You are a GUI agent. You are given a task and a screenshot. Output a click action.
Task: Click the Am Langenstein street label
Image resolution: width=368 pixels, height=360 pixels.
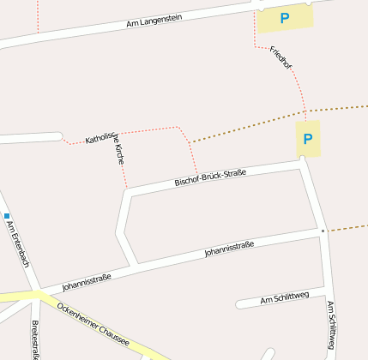pos(154,21)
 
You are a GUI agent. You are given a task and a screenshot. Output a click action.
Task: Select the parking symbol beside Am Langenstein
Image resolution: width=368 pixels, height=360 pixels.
pos(285,17)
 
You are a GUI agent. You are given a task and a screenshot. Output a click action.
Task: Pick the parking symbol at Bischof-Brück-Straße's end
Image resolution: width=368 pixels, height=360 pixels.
pos(308,138)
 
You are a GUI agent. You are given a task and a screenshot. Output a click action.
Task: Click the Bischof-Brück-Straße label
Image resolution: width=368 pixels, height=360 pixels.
pos(210,177)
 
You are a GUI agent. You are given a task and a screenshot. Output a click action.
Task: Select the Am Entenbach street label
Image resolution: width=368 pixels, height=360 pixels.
pos(19,244)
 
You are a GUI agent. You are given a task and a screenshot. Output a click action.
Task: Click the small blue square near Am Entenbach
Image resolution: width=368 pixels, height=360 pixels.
pos(6,215)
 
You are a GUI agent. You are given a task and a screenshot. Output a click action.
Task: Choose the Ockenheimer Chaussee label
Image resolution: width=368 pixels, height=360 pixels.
pos(93,324)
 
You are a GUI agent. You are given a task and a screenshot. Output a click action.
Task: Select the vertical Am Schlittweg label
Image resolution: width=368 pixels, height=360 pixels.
pos(331,326)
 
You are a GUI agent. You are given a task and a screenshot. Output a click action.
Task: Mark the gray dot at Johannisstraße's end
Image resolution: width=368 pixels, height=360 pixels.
pos(323,231)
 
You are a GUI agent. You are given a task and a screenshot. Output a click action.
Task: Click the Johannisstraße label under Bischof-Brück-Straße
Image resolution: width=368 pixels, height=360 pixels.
pos(229,250)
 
